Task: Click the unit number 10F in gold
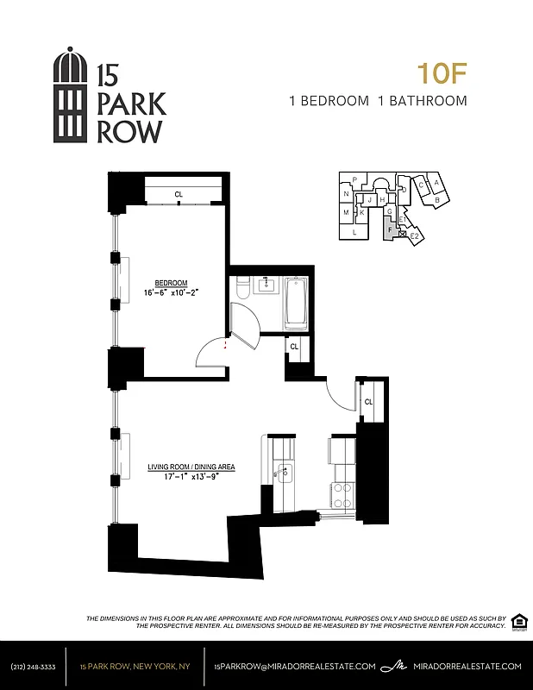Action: (442, 72)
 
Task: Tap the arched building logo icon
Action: (71, 96)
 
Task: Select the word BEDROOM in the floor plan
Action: (171, 283)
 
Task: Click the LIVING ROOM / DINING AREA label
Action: (191, 467)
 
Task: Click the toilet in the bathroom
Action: (241, 287)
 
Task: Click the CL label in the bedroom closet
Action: (179, 195)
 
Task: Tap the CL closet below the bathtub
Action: (294, 347)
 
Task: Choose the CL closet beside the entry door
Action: (368, 402)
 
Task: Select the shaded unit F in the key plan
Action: (391, 229)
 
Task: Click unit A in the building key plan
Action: (437, 183)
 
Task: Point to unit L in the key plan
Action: (354, 232)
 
